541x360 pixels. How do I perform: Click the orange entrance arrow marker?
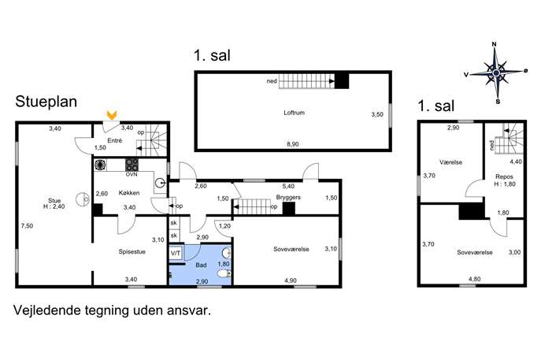point(112,115)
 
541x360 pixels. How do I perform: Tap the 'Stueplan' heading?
point(46,102)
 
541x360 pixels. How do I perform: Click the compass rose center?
point(496,72)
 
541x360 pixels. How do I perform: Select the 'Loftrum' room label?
point(294,113)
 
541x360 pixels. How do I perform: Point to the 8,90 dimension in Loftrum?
point(293,144)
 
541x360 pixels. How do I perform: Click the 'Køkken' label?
point(129,193)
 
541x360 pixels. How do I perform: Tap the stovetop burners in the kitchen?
point(132,165)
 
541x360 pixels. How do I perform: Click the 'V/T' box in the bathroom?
point(176,254)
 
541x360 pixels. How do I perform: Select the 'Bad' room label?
point(201,265)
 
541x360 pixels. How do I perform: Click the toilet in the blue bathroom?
point(224,273)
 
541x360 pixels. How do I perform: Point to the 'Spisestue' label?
point(132,251)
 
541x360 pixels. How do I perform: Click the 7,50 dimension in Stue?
point(27,226)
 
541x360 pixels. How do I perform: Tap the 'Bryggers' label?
point(288,198)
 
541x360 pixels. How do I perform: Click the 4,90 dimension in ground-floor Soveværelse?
point(291,280)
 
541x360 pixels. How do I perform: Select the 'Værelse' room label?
point(451,162)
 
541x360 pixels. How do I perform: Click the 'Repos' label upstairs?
point(505,176)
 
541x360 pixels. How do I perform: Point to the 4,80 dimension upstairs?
point(475,279)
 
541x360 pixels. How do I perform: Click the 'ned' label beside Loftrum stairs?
point(272,81)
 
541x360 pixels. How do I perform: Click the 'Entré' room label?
point(115,140)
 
